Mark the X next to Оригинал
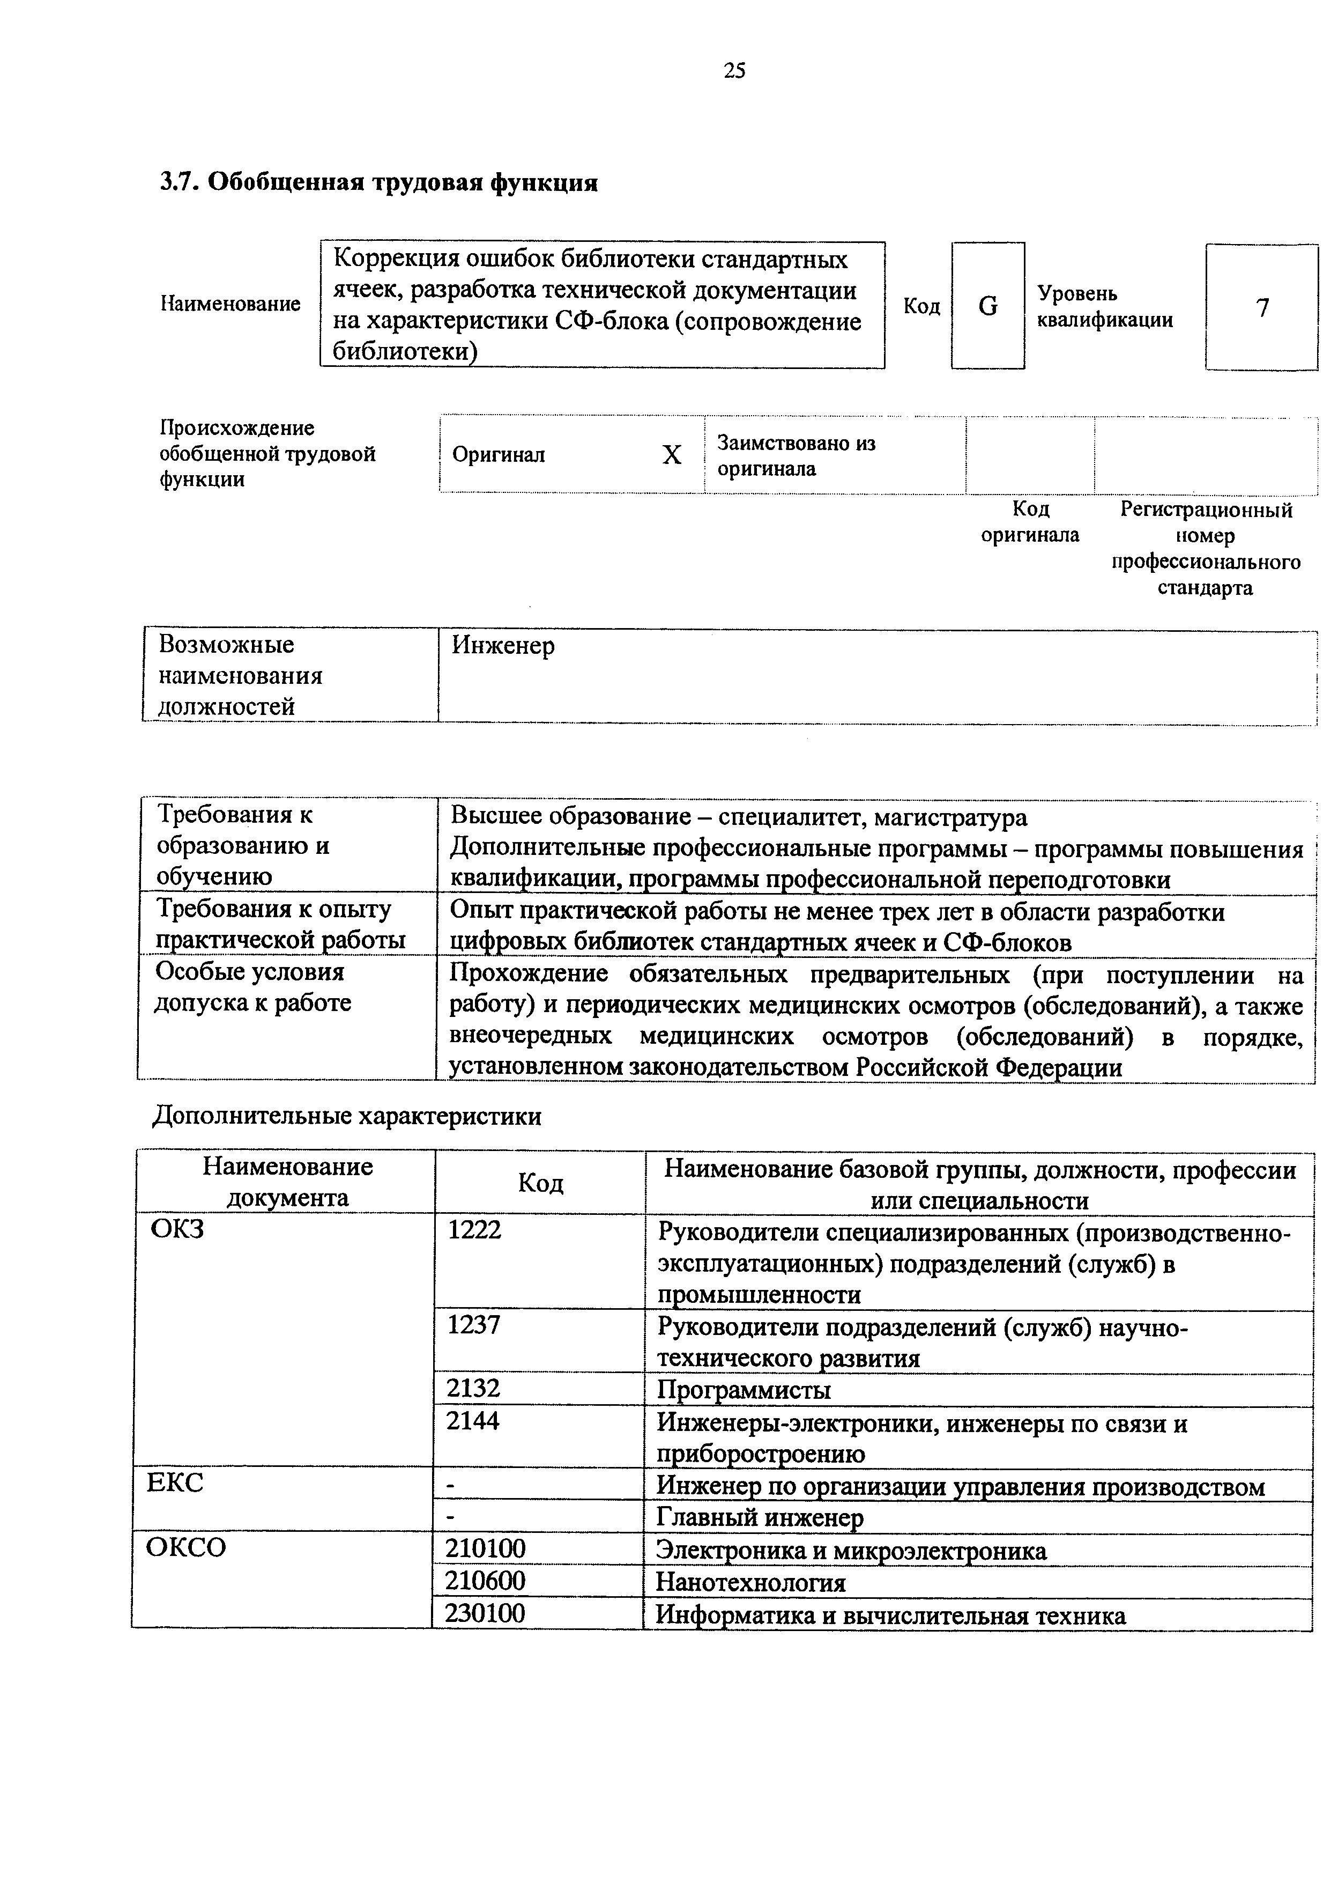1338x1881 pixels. coord(672,455)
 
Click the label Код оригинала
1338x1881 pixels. coord(1029,522)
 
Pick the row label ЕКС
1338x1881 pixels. coord(175,1483)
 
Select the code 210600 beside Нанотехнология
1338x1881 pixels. coord(485,1580)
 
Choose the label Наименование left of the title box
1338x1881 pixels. coord(230,304)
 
